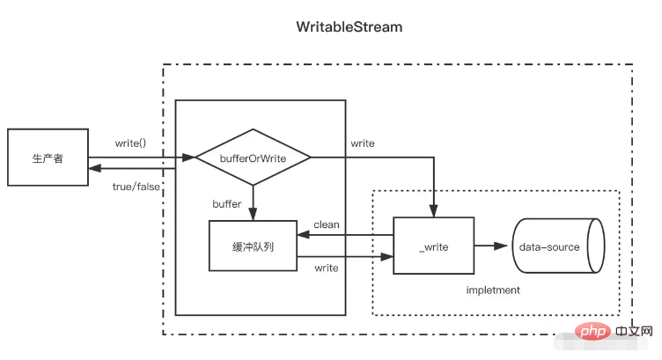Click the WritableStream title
click(x=349, y=27)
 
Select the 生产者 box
click(x=48, y=158)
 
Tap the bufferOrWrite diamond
click(x=253, y=158)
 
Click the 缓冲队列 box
click(x=253, y=246)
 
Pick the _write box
click(x=433, y=246)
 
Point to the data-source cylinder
click(x=555, y=247)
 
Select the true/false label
click(x=134, y=187)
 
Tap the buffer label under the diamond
click(x=227, y=203)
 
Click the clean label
click(x=327, y=224)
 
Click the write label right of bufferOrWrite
click(x=362, y=143)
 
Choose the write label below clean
click(x=327, y=267)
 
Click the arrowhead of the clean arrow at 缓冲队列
click(x=302, y=236)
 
